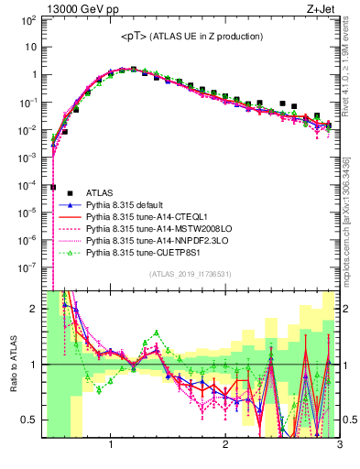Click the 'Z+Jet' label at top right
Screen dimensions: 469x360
click(323, 10)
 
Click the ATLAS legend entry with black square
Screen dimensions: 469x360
click(101, 192)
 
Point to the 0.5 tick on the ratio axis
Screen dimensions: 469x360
click(30, 420)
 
